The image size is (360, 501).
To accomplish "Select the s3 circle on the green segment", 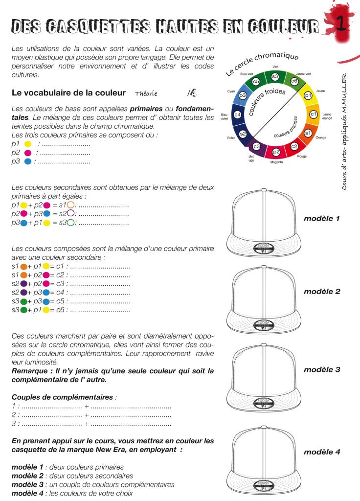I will (x=275, y=76).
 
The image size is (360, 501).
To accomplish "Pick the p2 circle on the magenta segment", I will (x=276, y=153).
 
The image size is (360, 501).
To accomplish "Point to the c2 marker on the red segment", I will (x=294, y=146).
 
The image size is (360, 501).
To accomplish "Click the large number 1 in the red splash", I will (x=344, y=23).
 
